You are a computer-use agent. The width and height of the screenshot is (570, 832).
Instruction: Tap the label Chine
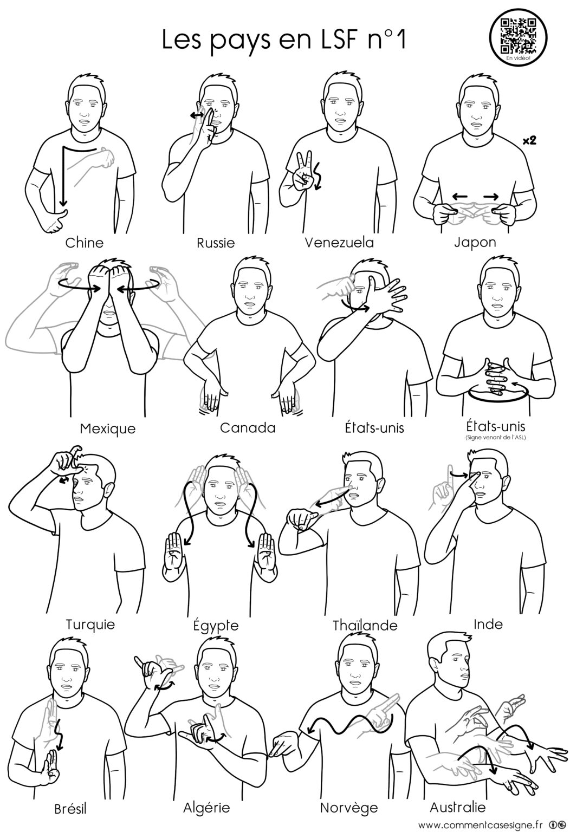click(85, 243)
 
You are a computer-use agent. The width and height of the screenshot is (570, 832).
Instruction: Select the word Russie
click(216, 243)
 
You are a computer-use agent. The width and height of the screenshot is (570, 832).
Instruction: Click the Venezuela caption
click(339, 243)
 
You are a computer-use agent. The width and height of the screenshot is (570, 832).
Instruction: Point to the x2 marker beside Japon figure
click(529, 140)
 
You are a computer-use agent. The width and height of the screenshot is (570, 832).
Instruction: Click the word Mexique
click(108, 429)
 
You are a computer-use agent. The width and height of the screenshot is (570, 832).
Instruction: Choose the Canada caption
click(248, 428)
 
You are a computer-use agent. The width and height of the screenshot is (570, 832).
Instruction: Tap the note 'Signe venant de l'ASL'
click(495, 438)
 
